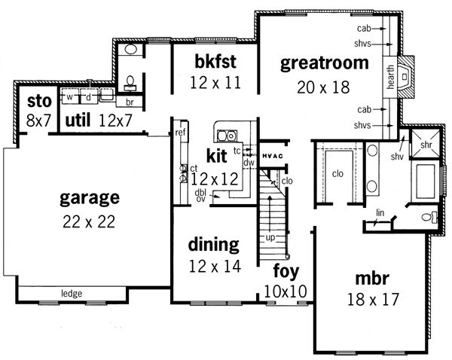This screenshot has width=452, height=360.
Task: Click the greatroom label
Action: pos(324,64)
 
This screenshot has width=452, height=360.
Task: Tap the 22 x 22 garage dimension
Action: pos(89,221)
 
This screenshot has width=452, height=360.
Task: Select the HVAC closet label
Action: pos(273,156)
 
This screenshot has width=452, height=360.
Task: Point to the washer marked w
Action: pos(69,96)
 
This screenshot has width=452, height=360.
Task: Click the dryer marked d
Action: pos(88,96)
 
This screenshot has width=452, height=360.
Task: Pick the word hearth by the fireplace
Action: pos(390,77)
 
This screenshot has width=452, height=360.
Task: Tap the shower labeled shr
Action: pos(426,144)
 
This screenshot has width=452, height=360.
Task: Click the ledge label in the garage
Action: pos(72,294)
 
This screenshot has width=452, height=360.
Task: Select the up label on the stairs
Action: pos(270,238)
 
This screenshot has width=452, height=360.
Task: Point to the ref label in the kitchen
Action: pos(180,133)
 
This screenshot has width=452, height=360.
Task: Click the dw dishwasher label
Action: pos(249,163)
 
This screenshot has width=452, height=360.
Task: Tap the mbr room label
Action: pos(372,279)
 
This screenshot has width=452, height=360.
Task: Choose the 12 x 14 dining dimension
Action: pos(215,267)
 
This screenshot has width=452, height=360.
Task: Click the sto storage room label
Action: pos(39,102)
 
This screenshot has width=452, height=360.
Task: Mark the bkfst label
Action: pos(215,61)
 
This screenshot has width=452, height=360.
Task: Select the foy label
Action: pos(286,271)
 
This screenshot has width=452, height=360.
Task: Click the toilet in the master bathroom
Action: pos(429,217)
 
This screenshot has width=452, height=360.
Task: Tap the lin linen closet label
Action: pos(380,212)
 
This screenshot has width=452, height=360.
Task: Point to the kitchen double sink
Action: pos(228,136)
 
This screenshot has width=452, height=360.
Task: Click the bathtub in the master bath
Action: pos(426,182)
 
